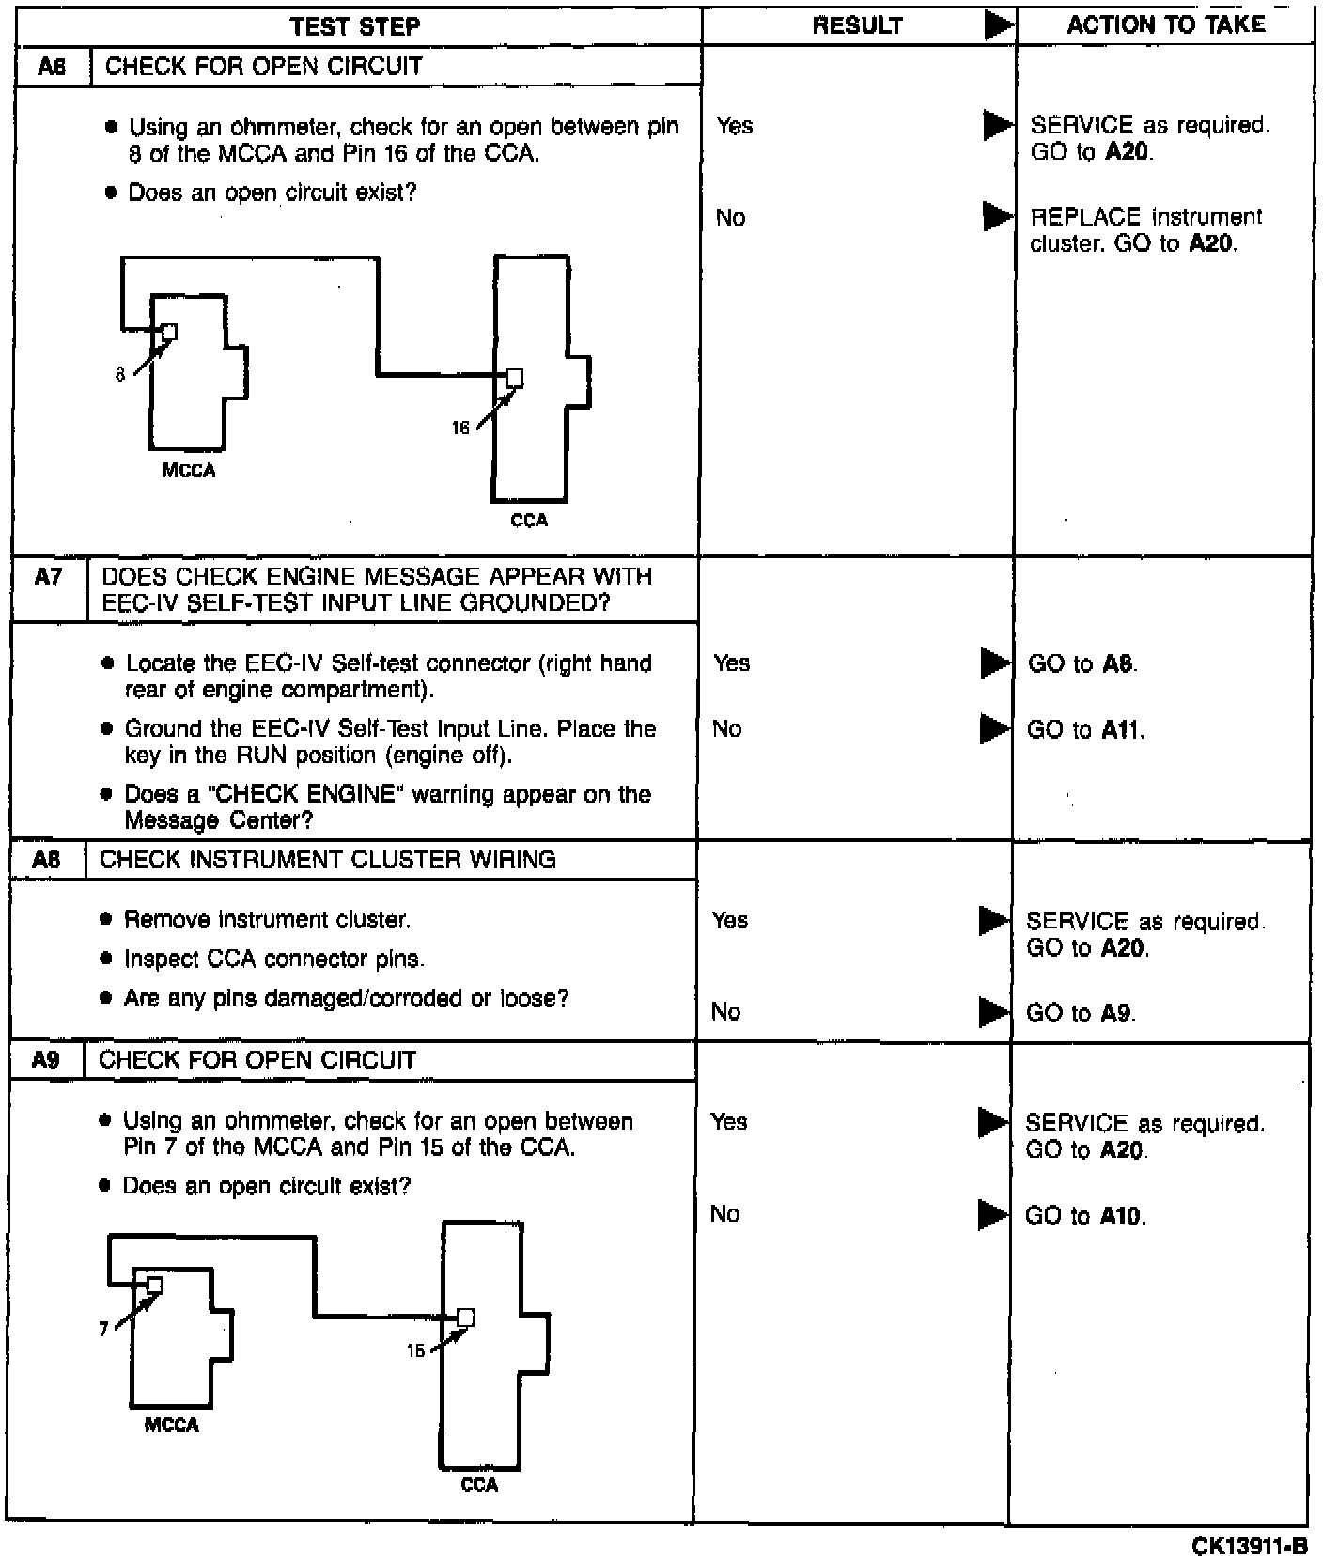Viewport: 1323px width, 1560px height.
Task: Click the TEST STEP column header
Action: pyautogui.click(x=355, y=26)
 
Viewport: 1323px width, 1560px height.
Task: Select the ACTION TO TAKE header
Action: pyautogui.click(x=1165, y=24)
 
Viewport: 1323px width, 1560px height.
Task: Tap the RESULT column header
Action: pyautogui.click(x=857, y=26)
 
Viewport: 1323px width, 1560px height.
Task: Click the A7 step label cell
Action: pyautogui.click(x=48, y=578)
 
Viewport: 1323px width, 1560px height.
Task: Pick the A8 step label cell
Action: pyautogui.click(x=46, y=860)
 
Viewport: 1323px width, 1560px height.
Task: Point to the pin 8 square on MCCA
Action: pyautogui.click(x=169, y=332)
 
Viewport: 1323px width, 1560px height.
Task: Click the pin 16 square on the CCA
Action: pyautogui.click(x=514, y=378)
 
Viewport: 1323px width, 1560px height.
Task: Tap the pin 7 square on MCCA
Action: pyautogui.click(x=155, y=1286)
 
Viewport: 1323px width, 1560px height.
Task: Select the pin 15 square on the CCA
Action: pyautogui.click(x=465, y=1318)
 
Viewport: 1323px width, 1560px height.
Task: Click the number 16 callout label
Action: pyautogui.click(x=460, y=429)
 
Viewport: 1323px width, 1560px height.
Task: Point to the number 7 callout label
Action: pyautogui.click(x=103, y=1329)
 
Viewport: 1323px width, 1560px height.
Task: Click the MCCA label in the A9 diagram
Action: pyautogui.click(x=171, y=1426)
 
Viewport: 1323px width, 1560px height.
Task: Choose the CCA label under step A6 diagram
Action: pyautogui.click(x=528, y=521)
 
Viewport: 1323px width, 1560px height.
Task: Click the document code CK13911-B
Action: pyautogui.click(x=1249, y=1546)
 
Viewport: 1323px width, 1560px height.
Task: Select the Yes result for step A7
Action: pyautogui.click(x=731, y=663)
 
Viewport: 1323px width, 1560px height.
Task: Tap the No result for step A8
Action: pyautogui.click(x=725, y=1012)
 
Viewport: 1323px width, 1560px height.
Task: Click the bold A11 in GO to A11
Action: pyautogui.click(x=1121, y=730)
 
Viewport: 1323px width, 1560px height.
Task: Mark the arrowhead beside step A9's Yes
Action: pyautogui.click(x=992, y=1122)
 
